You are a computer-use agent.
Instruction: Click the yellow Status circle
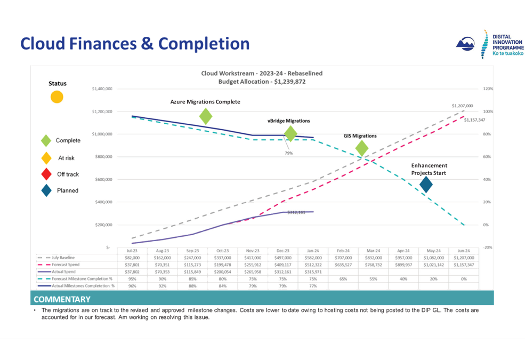tap(57, 97)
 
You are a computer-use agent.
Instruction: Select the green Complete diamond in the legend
tap(46, 141)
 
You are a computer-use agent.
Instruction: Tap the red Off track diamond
tap(46, 174)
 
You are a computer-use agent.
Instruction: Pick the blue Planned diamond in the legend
tap(46, 190)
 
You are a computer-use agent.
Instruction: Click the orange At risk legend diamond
tap(46, 157)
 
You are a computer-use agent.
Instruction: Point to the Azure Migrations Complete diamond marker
tap(206, 116)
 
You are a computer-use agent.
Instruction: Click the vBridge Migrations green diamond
tap(290, 134)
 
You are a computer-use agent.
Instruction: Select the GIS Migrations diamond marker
tap(362, 148)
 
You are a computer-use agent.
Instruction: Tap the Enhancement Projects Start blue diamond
tap(426, 185)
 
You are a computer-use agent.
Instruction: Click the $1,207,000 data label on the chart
tap(462, 106)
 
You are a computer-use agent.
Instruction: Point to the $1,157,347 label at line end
tap(474, 120)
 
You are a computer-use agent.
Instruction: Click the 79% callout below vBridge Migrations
tap(289, 153)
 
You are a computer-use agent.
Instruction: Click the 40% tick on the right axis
tap(486, 180)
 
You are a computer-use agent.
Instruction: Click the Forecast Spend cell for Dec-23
tap(282, 265)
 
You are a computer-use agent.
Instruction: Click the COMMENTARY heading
tap(60, 299)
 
